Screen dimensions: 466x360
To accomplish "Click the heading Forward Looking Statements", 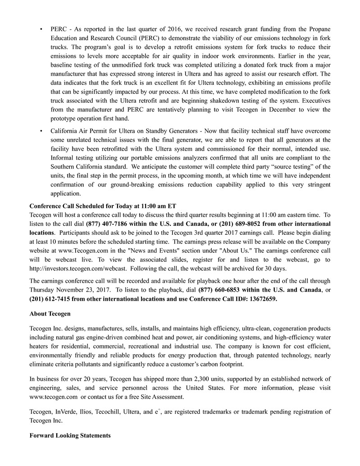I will coord(70,436).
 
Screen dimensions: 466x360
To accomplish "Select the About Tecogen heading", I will coord(50,314).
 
